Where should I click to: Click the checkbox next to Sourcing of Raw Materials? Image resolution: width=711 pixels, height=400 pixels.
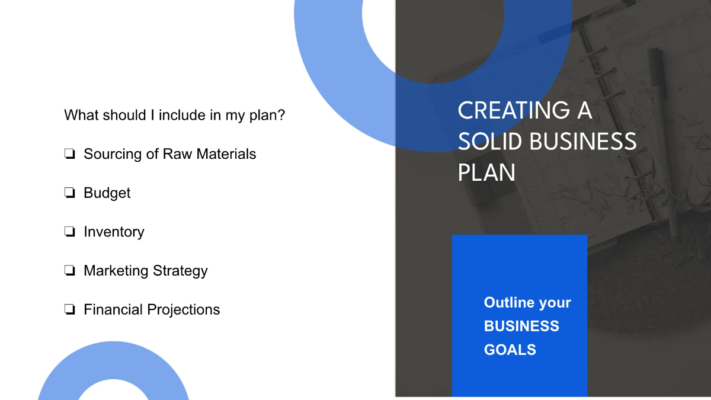(x=69, y=155)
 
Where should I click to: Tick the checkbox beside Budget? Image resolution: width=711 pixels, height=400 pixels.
(x=69, y=193)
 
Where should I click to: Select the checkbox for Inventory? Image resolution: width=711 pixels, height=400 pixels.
(x=69, y=232)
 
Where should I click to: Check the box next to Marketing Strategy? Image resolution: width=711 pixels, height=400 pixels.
(x=69, y=271)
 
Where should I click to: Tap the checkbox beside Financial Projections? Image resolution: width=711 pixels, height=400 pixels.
(x=69, y=310)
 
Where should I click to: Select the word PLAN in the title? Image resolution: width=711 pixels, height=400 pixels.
(x=486, y=172)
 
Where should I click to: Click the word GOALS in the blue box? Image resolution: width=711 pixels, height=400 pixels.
(x=510, y=350)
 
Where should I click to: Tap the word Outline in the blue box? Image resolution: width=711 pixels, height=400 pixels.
(x=509, y=302)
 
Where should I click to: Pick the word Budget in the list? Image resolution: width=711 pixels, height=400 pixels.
(x=107, y=193)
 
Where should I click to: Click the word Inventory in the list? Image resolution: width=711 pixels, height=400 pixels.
(x=114, y=232)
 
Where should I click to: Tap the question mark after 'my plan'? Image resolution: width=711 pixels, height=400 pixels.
(x=281, y=115)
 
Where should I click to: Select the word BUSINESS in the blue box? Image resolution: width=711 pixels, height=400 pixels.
(x=521, y=326)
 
